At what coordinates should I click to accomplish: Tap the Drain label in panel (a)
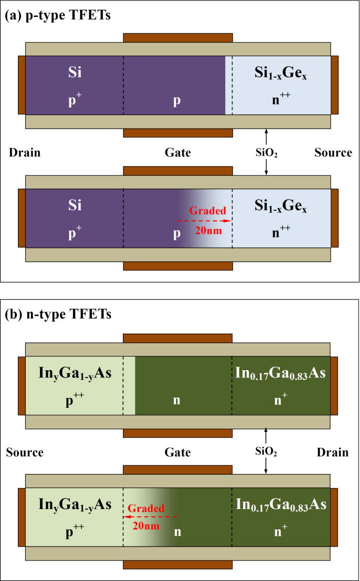25,153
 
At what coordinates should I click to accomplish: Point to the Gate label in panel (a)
178,153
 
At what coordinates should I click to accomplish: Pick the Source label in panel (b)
25,452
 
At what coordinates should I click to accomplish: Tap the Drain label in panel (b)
333,452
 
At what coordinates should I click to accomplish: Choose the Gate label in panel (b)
178,452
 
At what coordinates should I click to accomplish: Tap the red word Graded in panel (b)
147,508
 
